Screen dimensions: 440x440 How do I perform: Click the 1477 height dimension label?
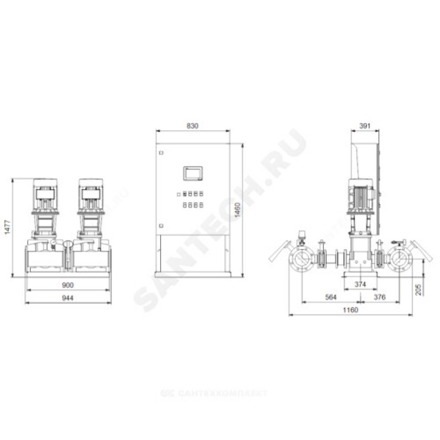(8, 227)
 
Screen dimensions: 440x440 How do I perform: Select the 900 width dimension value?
(68, 285)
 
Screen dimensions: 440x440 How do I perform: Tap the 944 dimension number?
(68, 298)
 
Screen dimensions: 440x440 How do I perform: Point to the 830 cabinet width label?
(193, 126)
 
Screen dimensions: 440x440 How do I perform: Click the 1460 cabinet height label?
(238, 210)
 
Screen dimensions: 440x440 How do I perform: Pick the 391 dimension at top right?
(365, 126)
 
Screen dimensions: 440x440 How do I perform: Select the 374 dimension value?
(361, 284)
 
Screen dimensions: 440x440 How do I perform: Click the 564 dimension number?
(331, 297)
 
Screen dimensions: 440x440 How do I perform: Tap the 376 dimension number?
(380, 297)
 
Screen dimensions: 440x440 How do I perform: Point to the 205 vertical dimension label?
(419, 290)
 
